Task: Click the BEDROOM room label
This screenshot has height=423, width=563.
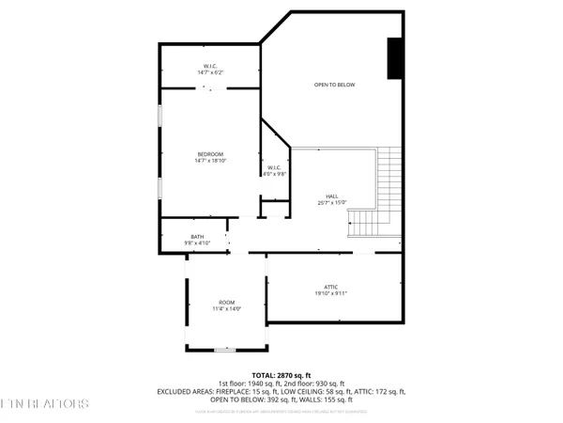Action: click(210, 154)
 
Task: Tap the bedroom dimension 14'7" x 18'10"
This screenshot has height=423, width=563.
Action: click(210, 161)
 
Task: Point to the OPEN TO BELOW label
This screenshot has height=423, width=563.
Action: click(333, 85)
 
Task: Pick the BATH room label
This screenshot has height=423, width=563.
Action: click(197, 236)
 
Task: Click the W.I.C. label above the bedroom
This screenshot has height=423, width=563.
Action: click(210, 66)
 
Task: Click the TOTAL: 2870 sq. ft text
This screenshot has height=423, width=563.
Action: click(282, 374)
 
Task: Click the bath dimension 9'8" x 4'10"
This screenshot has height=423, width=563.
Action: click(197, 243)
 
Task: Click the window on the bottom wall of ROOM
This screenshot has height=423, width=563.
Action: click(226, 350)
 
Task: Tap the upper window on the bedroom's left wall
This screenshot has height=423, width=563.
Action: click(159, 115)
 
